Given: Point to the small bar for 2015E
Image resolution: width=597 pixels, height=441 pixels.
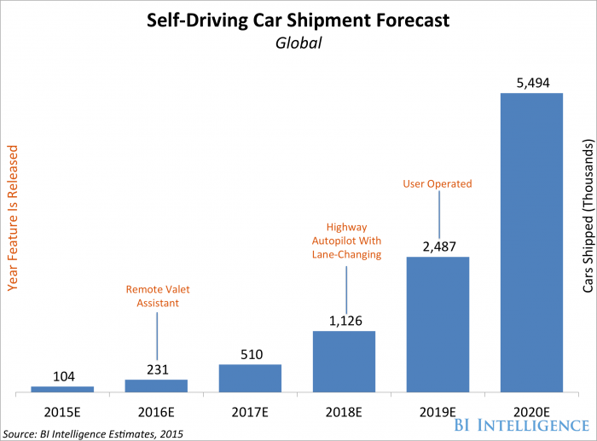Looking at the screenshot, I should click(62, 389).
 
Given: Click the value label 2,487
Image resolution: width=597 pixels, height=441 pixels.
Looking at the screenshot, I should click(438, 222).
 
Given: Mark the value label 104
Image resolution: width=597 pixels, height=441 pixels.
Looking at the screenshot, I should click(62, 375).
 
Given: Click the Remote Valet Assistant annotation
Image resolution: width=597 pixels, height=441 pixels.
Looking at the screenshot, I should click(156, 247).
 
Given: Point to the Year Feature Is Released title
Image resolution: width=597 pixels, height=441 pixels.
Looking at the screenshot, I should click(13, 218).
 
